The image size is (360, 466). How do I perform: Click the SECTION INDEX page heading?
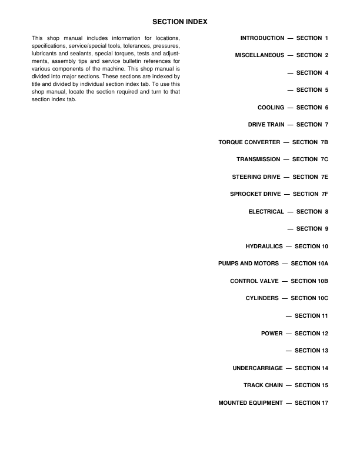[x=180, y=22]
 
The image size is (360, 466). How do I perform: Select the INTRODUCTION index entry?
[x=262, y=38]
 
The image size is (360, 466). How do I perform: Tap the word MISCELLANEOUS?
[x=259, y=55]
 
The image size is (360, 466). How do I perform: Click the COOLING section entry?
[x=271, y=108]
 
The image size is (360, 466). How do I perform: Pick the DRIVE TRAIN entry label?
[x=266, y=125]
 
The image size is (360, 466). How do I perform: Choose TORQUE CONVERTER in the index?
[x=249, y=142]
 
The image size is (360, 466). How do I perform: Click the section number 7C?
[x=324, y=159]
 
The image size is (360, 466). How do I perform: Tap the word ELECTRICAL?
[x=266, y=211]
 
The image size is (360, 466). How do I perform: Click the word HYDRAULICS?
[x=264, y=246]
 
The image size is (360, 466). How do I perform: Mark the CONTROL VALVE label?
[x=254, y=281]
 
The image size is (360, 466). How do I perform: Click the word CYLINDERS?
[x=262, y=298]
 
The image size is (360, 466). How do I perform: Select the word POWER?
[x=272, y=334]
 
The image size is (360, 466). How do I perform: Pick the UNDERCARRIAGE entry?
[x=258, y=368]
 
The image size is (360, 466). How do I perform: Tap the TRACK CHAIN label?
[x=263, y=385]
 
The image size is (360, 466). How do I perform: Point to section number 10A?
[x=323, y=264]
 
